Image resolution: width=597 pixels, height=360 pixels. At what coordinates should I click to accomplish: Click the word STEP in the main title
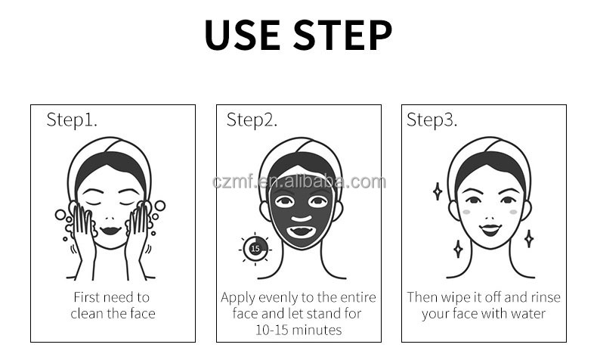click(342, 35)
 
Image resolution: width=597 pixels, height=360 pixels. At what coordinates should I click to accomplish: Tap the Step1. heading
click(72, 119)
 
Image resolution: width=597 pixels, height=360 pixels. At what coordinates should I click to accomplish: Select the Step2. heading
click(252, 119)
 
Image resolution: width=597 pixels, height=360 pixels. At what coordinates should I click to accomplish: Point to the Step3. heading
click(432, 119)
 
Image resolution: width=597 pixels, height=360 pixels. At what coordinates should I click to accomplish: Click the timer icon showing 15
click(255, 249)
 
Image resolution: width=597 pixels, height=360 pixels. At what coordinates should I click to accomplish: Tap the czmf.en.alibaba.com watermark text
click(299, 182)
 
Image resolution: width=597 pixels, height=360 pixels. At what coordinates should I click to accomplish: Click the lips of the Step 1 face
click(110, 231)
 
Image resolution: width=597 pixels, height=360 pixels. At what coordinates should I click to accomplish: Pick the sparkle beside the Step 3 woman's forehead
click(438, 191)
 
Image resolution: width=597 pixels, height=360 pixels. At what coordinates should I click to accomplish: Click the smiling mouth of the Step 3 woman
click(490, 230)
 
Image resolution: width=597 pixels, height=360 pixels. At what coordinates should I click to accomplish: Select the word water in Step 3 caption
click(528, 314)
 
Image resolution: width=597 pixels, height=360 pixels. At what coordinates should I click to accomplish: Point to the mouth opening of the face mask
click(301, 231)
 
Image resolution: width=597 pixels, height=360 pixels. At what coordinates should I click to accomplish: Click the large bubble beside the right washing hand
click(160, 206)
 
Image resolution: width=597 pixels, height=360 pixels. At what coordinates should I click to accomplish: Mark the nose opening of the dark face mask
click(302, 219)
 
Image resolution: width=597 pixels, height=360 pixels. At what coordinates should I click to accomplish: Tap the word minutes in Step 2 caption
click(317, 330)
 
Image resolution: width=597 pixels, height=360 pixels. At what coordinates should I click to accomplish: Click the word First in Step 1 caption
click(86, 297)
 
